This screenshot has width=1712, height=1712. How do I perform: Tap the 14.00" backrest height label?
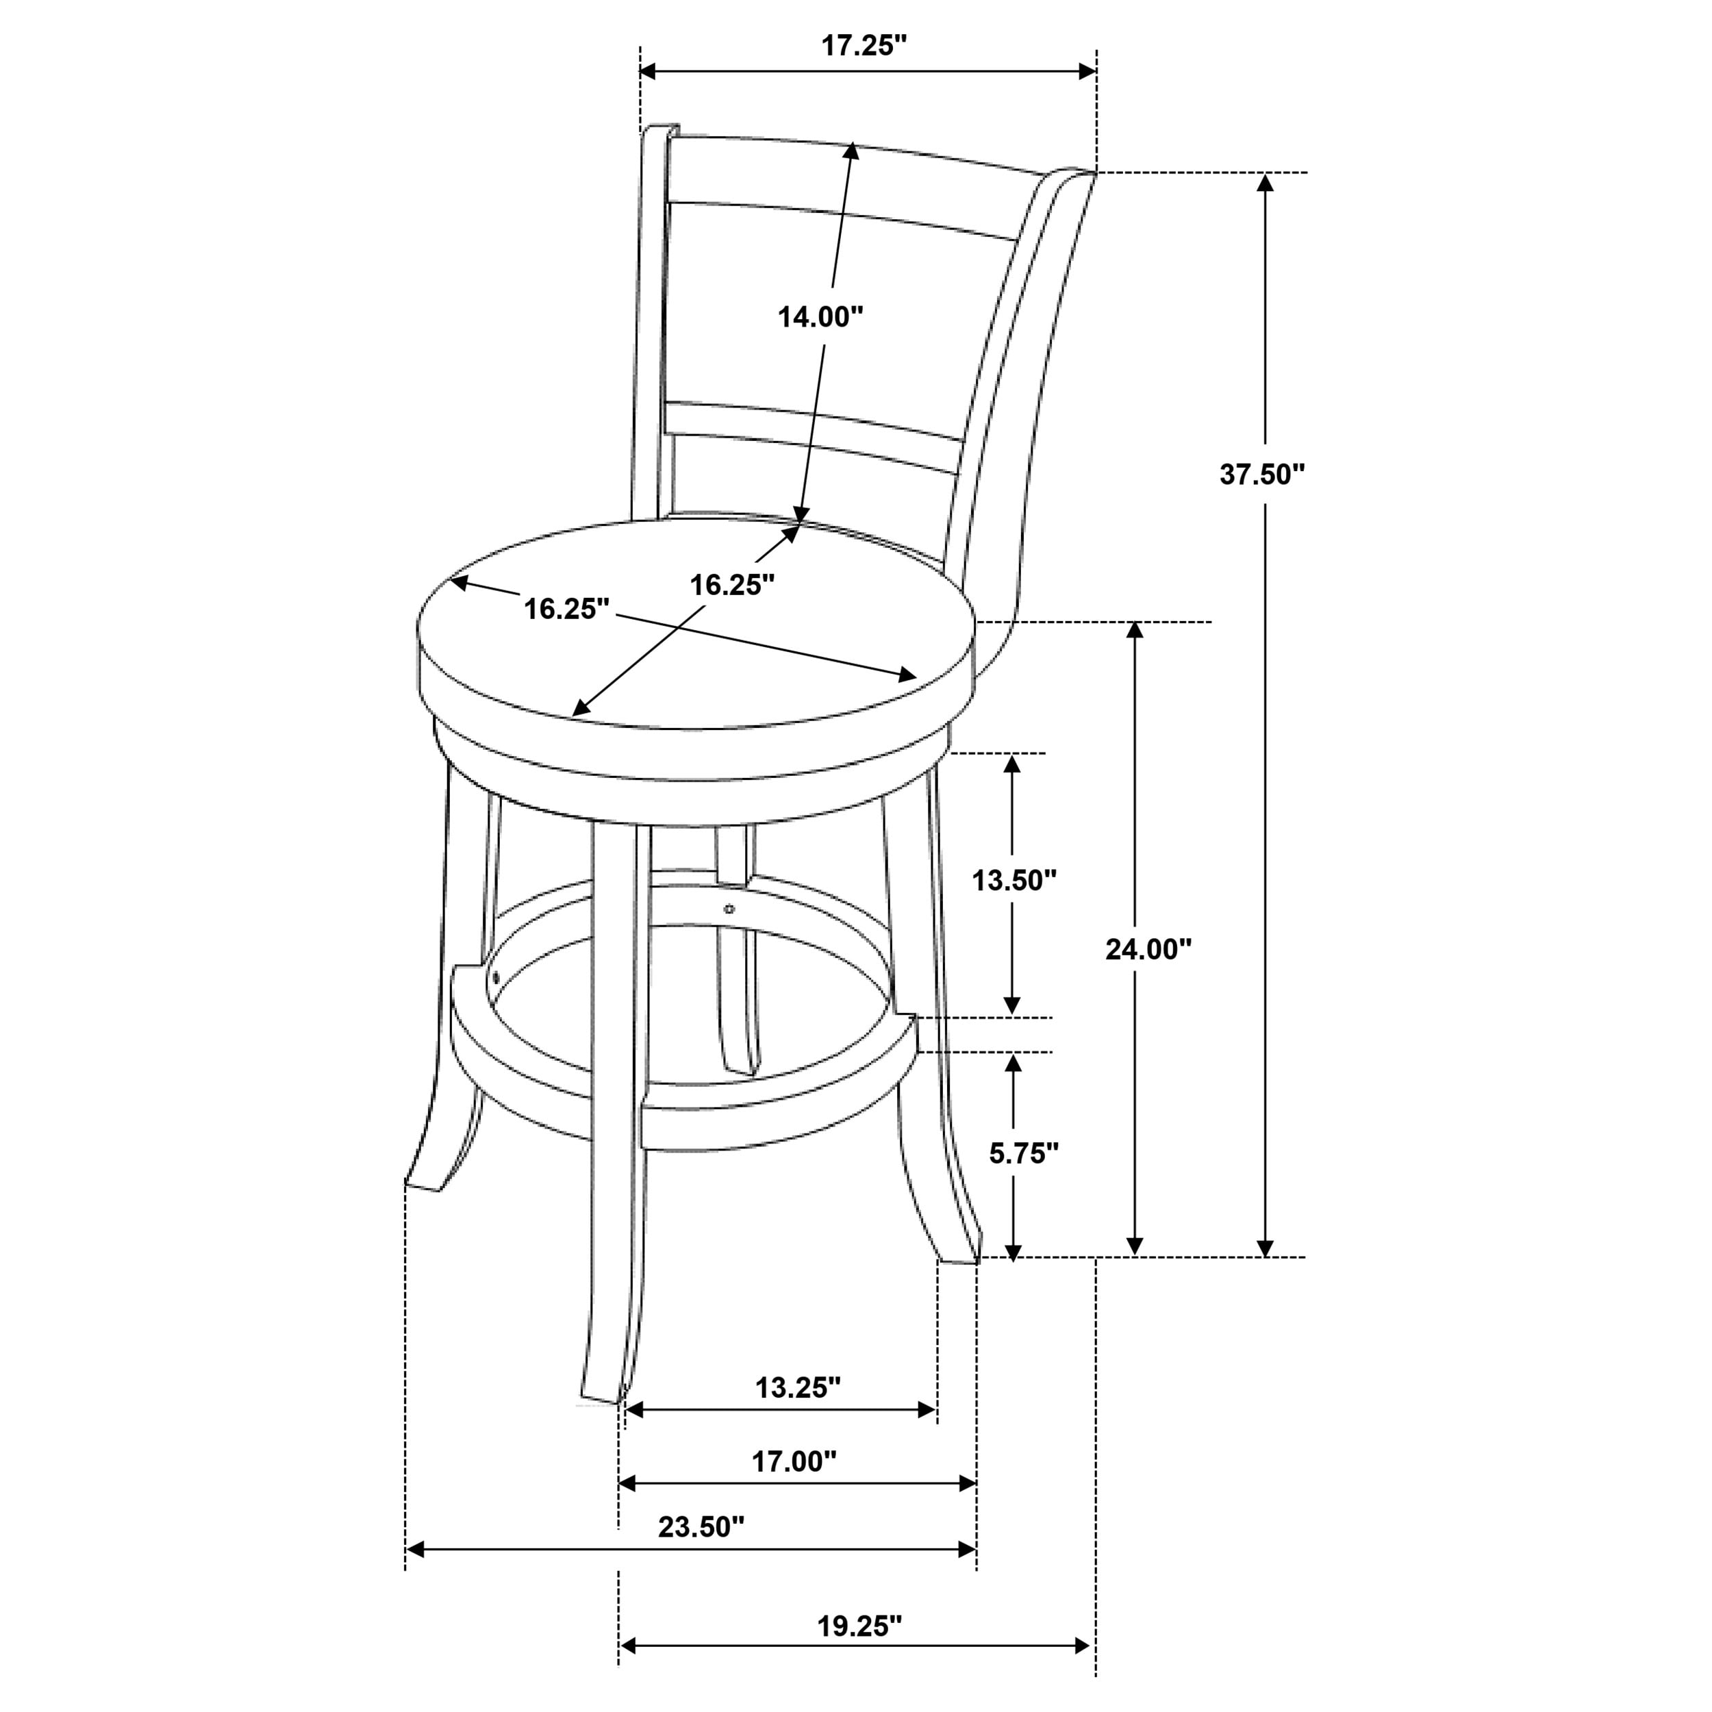tap(820, 316)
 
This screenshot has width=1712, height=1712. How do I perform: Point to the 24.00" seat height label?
tap(1148, 949)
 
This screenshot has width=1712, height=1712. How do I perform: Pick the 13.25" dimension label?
tap(798, 1387)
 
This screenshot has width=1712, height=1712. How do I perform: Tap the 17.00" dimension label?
tap(794, 1461)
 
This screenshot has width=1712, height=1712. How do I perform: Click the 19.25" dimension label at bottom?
tap(859, 1625)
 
